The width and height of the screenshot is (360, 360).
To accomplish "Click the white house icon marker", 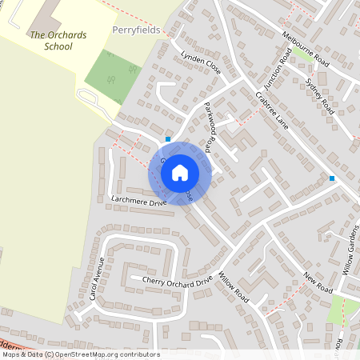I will [180, 172].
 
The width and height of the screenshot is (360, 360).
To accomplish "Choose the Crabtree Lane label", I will [272, 112].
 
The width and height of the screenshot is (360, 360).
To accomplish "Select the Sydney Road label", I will [319, 94].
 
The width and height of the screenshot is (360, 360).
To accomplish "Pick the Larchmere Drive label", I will [138, 204].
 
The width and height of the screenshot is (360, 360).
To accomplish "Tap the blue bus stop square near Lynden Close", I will [168, 139].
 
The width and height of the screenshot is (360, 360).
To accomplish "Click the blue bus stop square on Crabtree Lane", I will [331, 178].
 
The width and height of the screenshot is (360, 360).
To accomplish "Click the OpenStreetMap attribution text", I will [80, 354].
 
